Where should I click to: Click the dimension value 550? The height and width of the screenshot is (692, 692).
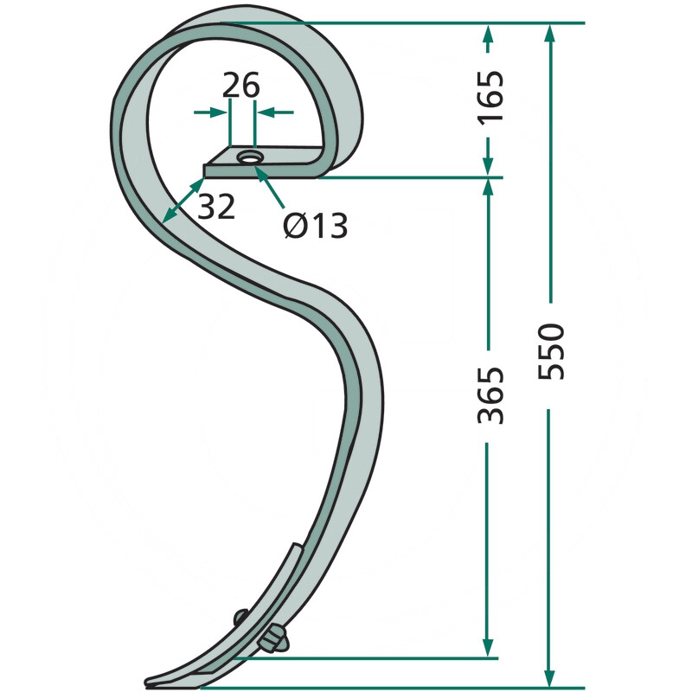coord(551,351)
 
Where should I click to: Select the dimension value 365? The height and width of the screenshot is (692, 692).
coord(490,394)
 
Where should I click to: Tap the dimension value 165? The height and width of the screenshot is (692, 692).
coord(490,96)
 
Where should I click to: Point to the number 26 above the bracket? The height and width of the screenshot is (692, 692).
coord(240,85)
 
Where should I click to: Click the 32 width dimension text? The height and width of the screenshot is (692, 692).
coord(215,206)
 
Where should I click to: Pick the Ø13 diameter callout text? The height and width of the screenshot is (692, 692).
coord(315,225)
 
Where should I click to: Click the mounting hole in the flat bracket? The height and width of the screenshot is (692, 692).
coord(250,157)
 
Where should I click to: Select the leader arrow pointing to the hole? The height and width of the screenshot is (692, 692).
coord(270,187)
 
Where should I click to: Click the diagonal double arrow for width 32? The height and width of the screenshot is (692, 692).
coord(183,201)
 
